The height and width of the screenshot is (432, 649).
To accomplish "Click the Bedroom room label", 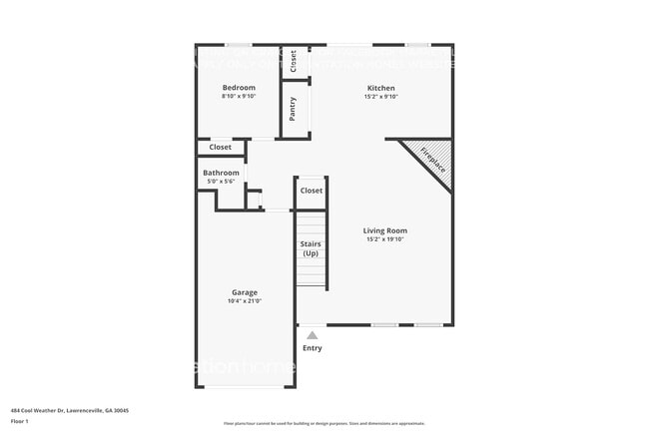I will [x=239, y=88].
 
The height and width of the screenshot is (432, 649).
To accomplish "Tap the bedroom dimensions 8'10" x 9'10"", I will [x=239, y=97].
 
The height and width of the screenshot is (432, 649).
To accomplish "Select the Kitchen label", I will [x=382, y=88].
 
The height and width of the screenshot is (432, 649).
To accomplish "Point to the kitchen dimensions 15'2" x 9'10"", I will [x=382, y=97].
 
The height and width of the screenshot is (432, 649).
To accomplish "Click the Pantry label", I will [x=293, y=108].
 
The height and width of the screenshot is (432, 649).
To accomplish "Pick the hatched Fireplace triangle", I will [x=430, y=162].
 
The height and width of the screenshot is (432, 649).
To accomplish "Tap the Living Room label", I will [x=385, y=230].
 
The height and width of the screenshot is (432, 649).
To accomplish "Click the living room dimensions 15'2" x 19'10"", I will [x=385, y=239].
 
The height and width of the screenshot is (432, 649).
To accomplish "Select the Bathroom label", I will [x=221, y=173].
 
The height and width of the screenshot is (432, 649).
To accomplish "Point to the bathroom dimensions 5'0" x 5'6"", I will [x=221, y=181].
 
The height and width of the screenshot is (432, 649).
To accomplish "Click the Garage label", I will [x=244, y=292].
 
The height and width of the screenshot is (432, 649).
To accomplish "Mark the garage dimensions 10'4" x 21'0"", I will [x=244, y=300].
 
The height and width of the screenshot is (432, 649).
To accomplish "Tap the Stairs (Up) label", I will [x=311, y=248].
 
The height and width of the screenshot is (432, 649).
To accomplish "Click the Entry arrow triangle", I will [x=313, y=335].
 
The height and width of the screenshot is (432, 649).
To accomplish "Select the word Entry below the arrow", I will [x=313, y=348].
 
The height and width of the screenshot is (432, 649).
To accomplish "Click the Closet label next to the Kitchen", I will [x=294, y=62].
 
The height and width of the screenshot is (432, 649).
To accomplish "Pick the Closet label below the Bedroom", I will [x=220, y=148].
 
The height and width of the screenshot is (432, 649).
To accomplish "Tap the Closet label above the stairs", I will [x=312, y=191].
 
